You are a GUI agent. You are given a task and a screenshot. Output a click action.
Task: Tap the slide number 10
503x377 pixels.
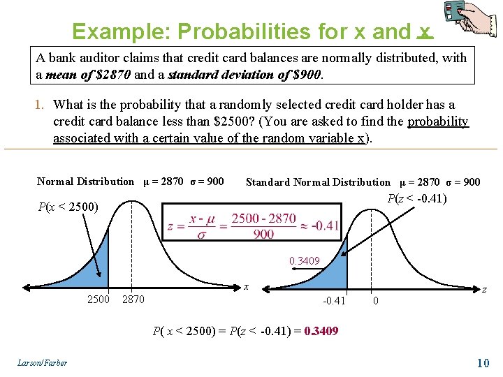pos(482,362)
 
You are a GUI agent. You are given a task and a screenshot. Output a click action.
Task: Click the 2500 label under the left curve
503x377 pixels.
pos(98,300)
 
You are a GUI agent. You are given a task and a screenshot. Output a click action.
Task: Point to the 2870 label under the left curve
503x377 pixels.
pos(133,300)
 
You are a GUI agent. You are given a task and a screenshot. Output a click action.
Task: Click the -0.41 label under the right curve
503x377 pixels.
pos(334,301)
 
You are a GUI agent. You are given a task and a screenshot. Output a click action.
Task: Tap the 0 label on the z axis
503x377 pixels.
pos(376,301)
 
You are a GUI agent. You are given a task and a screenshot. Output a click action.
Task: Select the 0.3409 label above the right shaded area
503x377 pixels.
pos(305,261)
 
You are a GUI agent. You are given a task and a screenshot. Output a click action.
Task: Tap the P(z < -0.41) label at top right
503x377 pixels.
pos(417,198)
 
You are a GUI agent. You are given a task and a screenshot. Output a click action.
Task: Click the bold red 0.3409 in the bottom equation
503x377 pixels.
pos(321,331)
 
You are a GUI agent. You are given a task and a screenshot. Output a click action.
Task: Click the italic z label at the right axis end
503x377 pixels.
pos(484,289)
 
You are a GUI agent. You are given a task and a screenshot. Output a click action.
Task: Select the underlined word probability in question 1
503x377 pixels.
pos(437,121)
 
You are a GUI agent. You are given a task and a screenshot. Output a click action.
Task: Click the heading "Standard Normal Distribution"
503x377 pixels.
pos(318,182)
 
